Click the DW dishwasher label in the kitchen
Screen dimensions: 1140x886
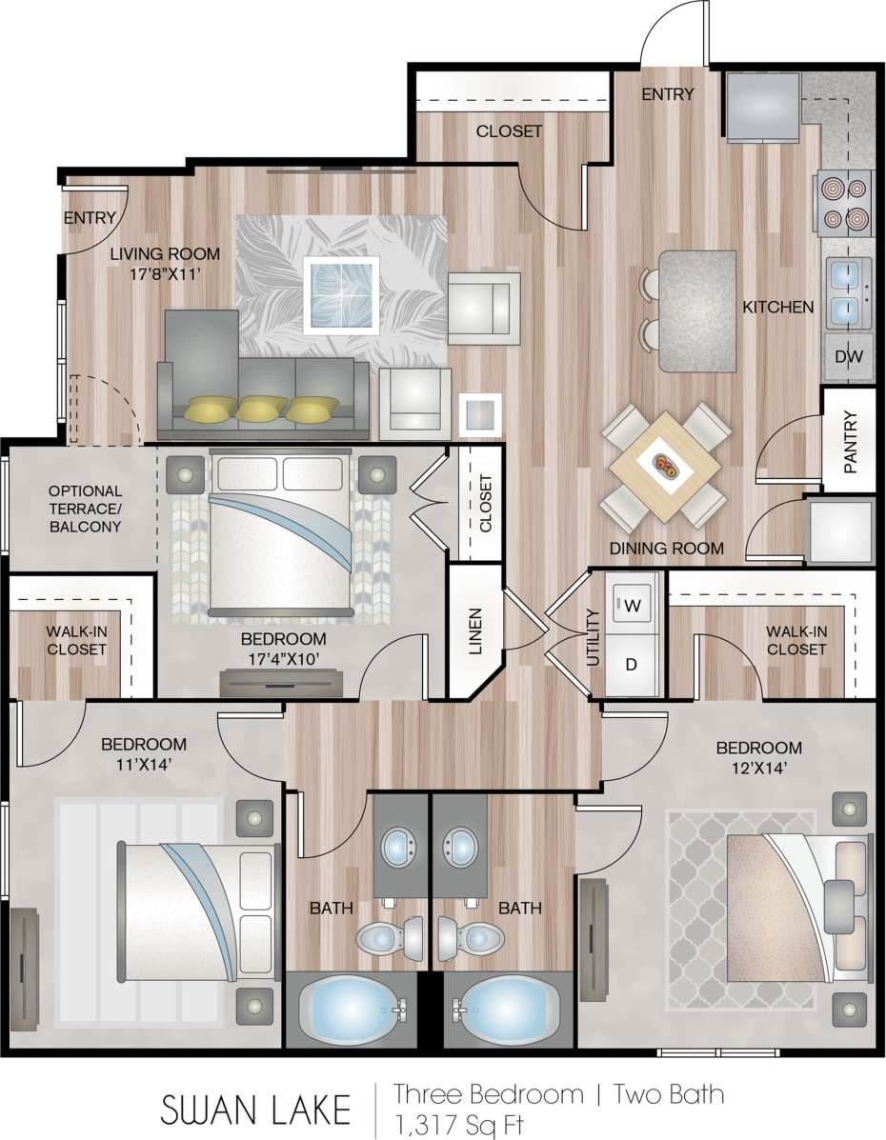pyautogui.click(x=848, y=357)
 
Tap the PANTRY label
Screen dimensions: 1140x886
pyautogui.click(x=850, y=442)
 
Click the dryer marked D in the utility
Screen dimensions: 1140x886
pyautogui.click(x=631, y=665)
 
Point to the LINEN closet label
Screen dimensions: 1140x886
pyautogui.click(x=474, y=631)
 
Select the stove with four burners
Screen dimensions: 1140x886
pyautogui.click(x=844, y=202)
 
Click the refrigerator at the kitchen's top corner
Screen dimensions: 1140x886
pyautogui.click(x=764, y=107)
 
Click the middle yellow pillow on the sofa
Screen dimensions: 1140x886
pyautogui.click(x=259, y=410)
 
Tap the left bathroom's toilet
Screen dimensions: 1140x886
pyautogui.click(x=389, y=936)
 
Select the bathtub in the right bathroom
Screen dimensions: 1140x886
pyautogui.click(x=501, y=1011)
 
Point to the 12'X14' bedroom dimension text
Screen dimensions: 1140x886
pyautogui.click(x=758, y=770)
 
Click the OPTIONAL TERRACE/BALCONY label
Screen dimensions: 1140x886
pyautogui.click(x=85, y=509)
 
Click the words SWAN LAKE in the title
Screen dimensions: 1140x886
pyautogui.click(x=255, y=1109)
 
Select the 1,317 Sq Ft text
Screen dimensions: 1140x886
pyautogui.click(x=459, y=1123)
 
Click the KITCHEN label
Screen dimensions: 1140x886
pyautogui.click(x=778, y=307)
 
